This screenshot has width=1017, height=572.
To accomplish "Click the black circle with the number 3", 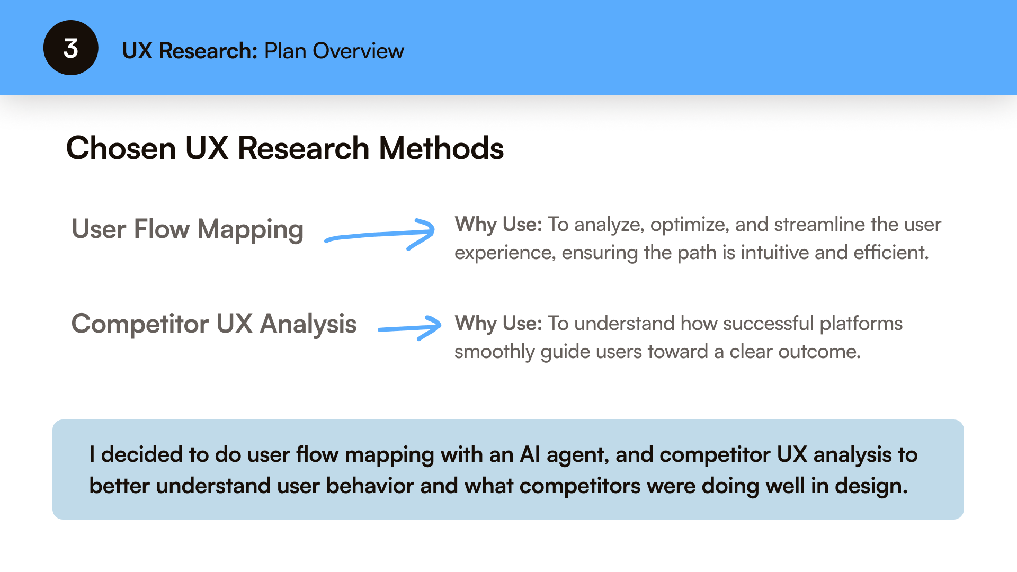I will (70, 48).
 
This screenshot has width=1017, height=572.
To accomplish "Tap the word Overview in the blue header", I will (358, 51).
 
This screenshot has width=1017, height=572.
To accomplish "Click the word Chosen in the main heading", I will (121, 148).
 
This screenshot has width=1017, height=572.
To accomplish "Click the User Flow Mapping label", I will (188, 230).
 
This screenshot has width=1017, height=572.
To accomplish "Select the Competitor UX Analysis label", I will (214, 324).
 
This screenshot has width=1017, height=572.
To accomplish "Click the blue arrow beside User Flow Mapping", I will (380, 234).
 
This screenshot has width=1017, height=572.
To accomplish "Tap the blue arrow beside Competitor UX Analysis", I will (409, 327).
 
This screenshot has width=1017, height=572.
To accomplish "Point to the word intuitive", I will (774, 253).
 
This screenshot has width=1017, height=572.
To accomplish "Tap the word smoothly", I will (494, 352).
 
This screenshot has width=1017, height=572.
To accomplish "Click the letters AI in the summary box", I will (530, 455).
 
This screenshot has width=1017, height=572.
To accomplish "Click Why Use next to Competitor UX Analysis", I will (498, 324).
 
